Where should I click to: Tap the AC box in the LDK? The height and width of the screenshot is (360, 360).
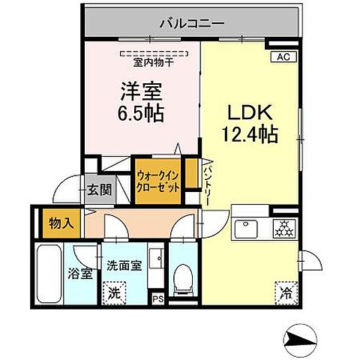(x=283, y=57)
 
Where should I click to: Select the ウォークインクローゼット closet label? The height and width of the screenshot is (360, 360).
(x=158, y=182)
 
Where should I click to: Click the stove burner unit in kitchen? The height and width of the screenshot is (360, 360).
(x=284, y=227)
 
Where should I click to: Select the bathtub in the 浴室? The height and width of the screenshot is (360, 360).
(x=48, y=274)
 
